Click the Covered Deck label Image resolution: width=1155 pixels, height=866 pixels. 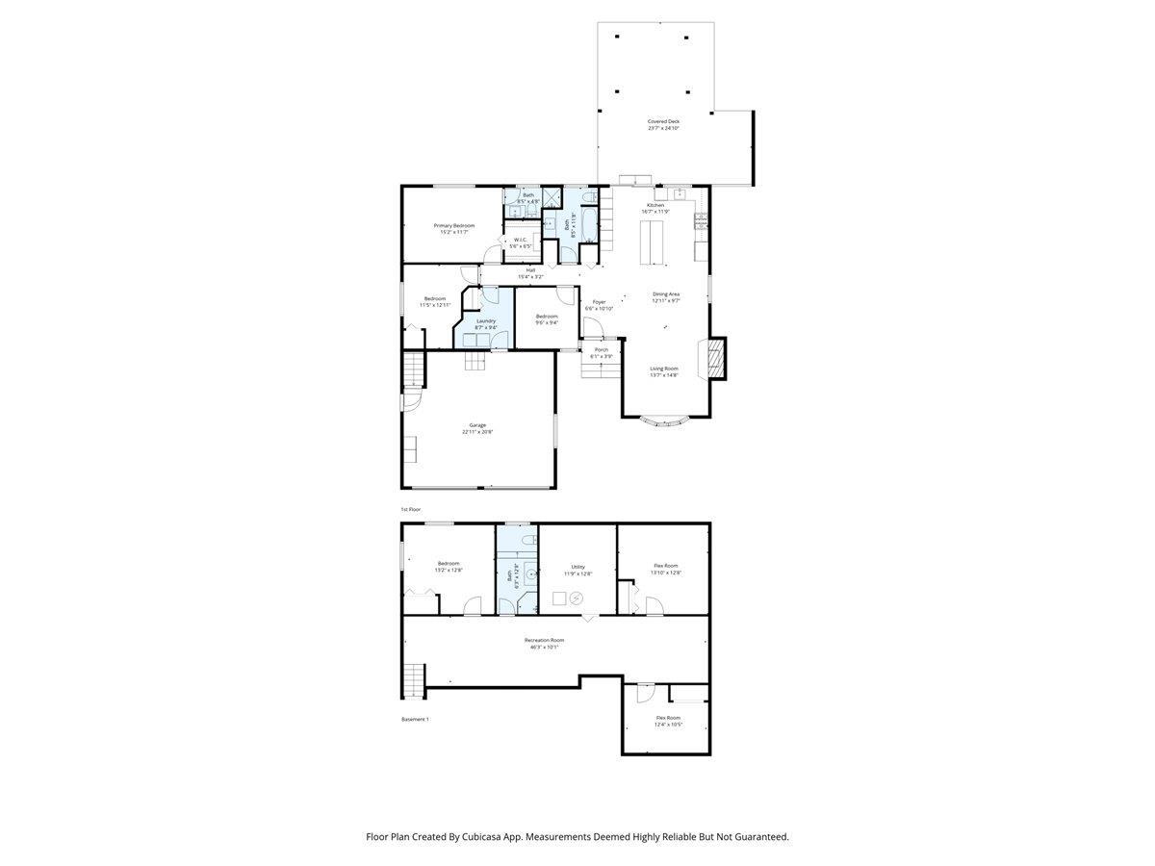(663, 121)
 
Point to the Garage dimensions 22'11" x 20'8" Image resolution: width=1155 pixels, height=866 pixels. (476, 432)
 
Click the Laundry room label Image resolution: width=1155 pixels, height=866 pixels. (486, 320)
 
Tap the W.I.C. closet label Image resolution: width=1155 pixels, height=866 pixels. (520, 240)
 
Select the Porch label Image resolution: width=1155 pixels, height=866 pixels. (602, 349)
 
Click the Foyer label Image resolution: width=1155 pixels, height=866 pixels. (600, 302)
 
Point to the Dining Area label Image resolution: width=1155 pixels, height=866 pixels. (666, 293)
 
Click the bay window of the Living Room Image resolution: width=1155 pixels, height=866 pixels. (664, 420)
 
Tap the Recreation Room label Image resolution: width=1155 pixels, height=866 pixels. (544, 640)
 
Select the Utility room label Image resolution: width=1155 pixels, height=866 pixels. (577, 567)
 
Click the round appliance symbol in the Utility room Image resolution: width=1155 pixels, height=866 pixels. (577, 598)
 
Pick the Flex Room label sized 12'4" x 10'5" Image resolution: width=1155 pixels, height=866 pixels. (668, 718)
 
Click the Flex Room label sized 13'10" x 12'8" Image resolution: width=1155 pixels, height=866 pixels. (666, 566)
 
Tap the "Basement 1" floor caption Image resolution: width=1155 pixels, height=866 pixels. (415, 719)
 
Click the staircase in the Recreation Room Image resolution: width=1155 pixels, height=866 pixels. (413, 679)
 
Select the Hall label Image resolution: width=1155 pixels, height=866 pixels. (530, 269)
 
